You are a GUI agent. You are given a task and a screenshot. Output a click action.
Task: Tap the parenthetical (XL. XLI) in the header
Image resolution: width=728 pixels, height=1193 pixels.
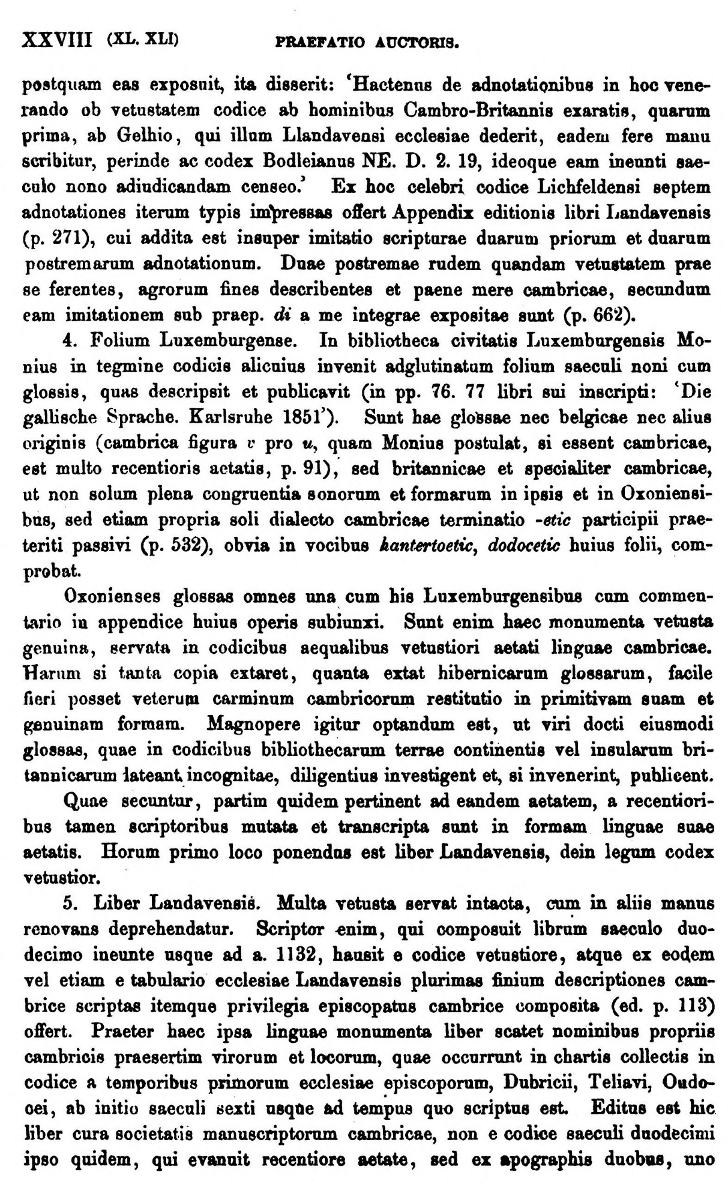click(x=142, y=41)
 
